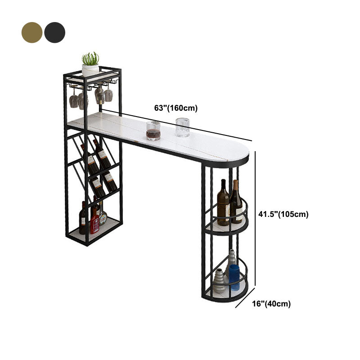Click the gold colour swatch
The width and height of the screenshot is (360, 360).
[x=31, y=32]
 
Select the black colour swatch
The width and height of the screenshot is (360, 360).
[x=54, y=32]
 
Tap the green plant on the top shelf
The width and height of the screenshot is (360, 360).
[x=90, y=58]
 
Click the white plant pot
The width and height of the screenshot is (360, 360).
[x=90, y=70]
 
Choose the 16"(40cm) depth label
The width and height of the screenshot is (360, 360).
[x=271, y=304]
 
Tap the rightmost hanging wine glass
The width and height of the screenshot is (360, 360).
[x=108, y=94]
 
